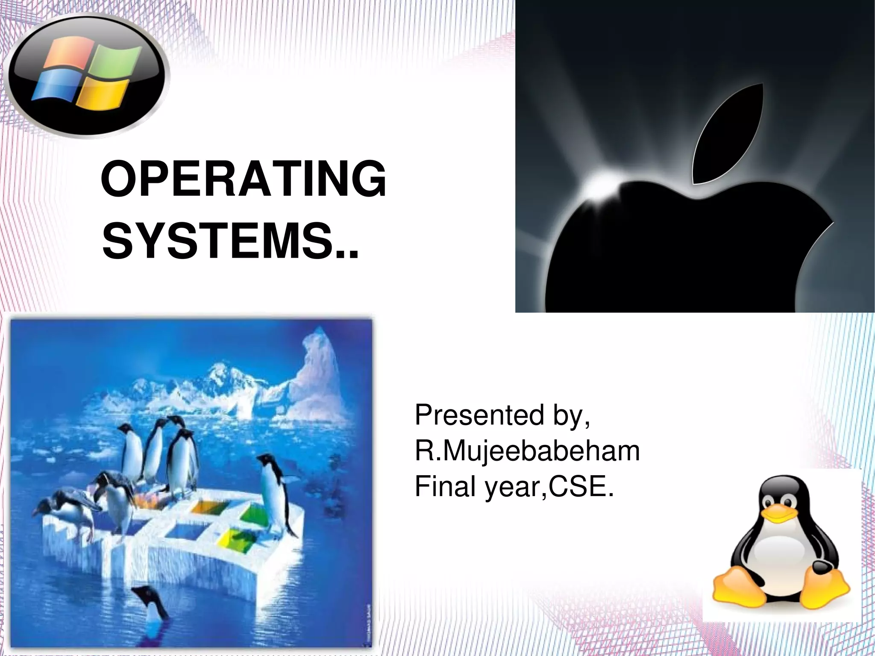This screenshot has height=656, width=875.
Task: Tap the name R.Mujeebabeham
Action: tap(527, 451)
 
